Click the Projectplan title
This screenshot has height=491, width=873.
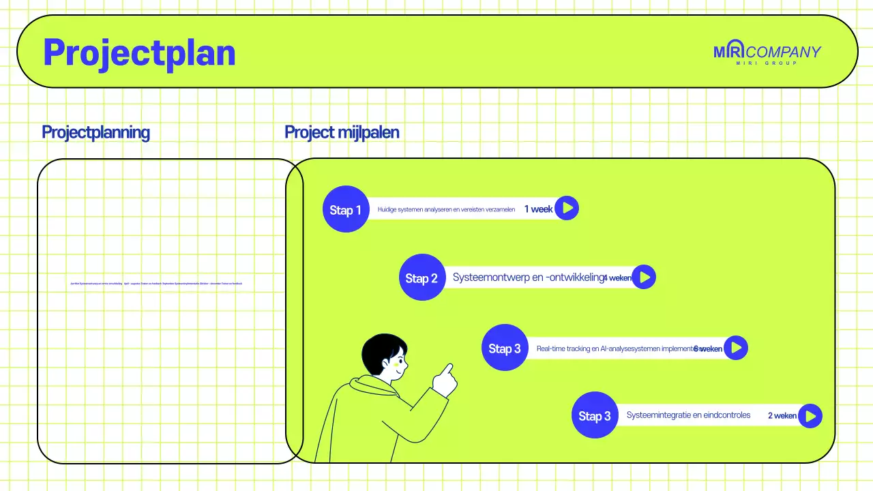pyautogui.click(x=139, y=53)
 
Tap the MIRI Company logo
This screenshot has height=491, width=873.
pyautogui.click(x=767, y=53)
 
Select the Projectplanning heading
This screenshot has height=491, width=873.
pyautogui.click(x=95, y=132)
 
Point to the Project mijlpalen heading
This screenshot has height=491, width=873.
pyautogui.click(x=342, y=132)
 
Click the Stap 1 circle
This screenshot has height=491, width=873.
pyautogui.click(x=346, y=209)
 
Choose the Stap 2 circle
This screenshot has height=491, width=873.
pyautogui.click(x=422, y=278)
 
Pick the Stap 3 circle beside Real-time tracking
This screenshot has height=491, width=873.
pyautogui.click(x=505, y=348)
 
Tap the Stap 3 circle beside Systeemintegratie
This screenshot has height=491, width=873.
pyautogui.click(x=595, y=415)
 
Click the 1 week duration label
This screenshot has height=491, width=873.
pyautogui.click(x=538, y=209)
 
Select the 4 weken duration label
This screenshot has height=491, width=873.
pyautogui.click(x=617, y=278)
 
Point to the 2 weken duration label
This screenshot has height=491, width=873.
pyautogui.click(x=782, y=415)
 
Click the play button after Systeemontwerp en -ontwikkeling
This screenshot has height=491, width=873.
pyautogui.click(x=644, y=277)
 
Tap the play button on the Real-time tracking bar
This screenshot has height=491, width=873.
pyautogui.click(x=735, y=348)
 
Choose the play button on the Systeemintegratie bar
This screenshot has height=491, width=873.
pyautogui.click(x=810, y=415)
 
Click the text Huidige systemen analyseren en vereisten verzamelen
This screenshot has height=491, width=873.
pyautogui.click(x=446, y=209)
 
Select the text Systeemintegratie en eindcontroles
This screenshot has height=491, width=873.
pyautogui.click(x=688, y=415)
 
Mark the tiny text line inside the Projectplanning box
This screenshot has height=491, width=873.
pyautogui.click(x=156, y=283)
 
